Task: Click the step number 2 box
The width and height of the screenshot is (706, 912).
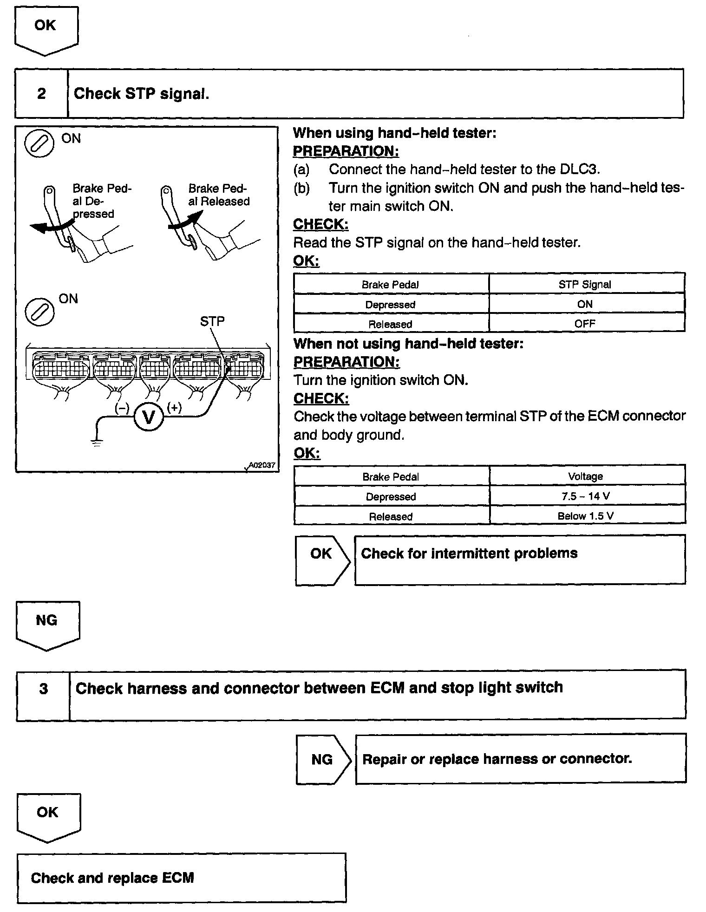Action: pyautogui.click(x=41, y=93)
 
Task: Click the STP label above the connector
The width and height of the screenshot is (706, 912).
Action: pyautogui.click(x=212, y=321)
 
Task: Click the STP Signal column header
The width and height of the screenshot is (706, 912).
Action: pyautogui.click(x=585, y=284)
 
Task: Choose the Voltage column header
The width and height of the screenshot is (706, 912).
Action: pyautogui.click(x=585, y=476)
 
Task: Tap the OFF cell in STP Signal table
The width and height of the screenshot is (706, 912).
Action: pyautogui.click(x=585, y=324)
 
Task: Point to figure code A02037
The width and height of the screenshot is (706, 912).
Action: pyautogui.click(x=262, y=465)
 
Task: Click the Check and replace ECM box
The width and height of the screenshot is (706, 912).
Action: pyautogui.click(x=181, y=878)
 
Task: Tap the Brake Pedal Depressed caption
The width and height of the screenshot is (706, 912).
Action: pyautogui.click(x=102, y=201)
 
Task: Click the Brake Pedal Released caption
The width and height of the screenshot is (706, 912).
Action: pyautogui.click(x=219, y=195)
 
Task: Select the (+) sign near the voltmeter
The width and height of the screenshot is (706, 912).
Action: pyautogui.click(x=174, y=408)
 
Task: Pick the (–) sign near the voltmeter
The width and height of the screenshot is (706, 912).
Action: pyautogui.click(x=122, y=408)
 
